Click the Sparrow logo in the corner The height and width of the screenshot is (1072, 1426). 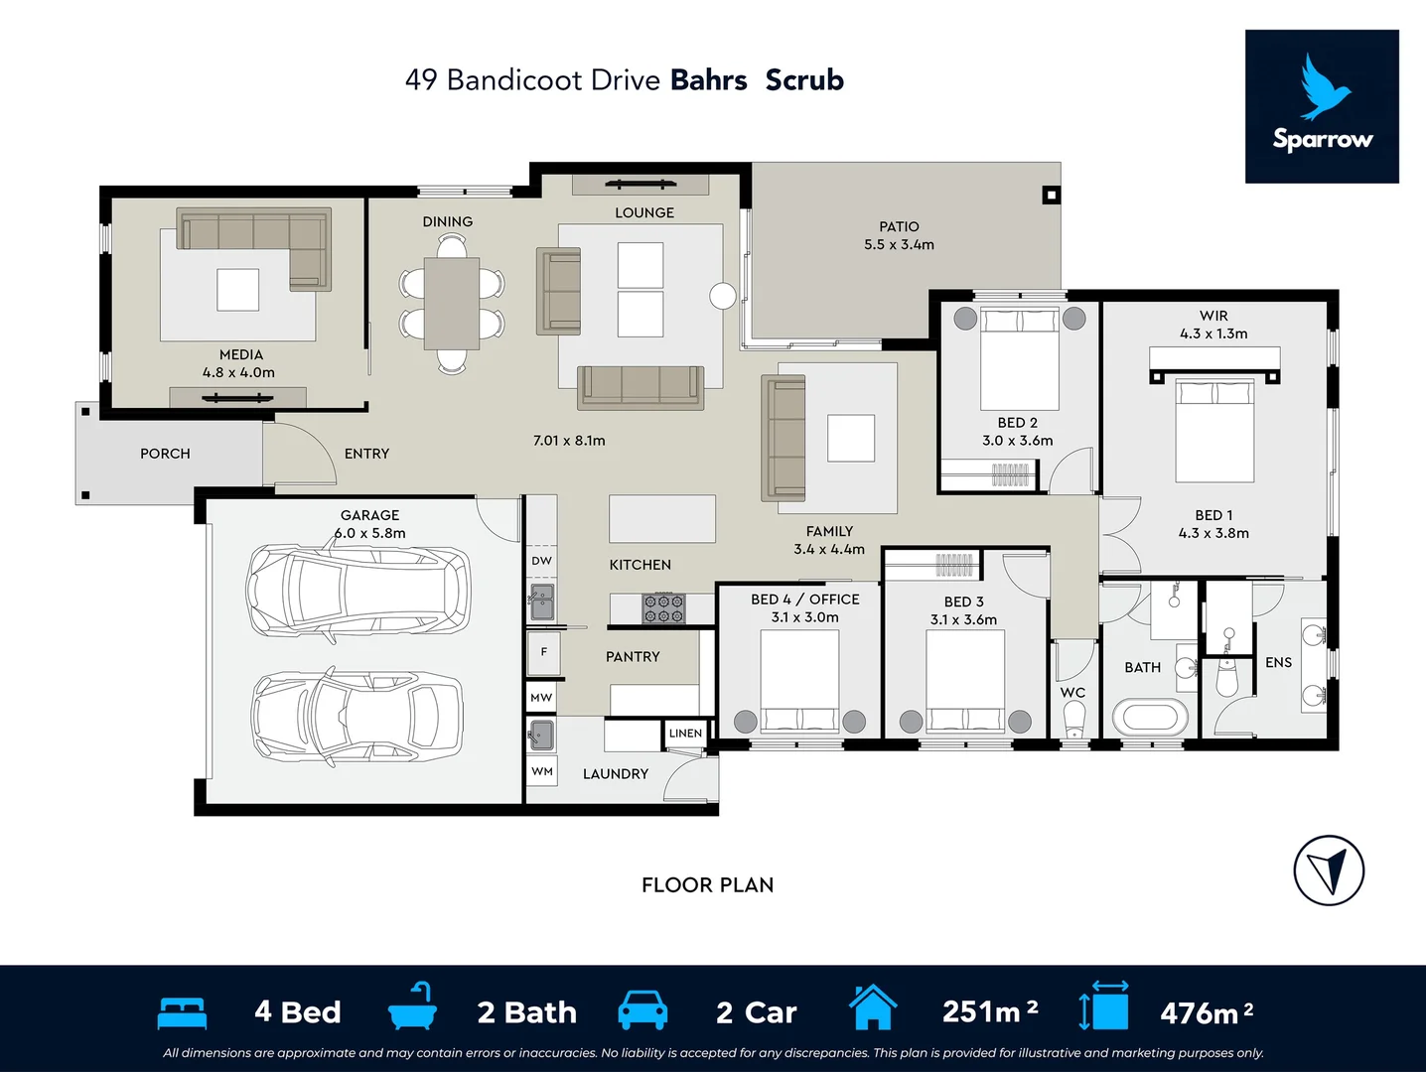tap(1322, 106)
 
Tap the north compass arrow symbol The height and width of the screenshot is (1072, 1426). tap(1329, 871)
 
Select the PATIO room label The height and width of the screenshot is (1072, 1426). tap(899, 226)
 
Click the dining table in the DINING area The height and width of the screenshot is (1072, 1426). tap(452, 303)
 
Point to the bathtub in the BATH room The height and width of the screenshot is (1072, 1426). tap(1150, 717)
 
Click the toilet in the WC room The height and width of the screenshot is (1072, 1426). tap(1073, 719)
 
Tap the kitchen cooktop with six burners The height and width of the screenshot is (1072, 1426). tap(663, 608)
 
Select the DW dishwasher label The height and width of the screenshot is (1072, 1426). tap(541, 561)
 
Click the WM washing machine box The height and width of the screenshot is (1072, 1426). tap(542, 771)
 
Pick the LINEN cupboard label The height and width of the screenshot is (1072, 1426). tap(685, 734)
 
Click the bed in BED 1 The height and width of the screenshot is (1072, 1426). tap(1214, 429)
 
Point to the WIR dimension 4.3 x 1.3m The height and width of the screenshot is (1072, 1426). tap(1213, 334)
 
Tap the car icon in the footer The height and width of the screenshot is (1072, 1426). tap(642, 1010)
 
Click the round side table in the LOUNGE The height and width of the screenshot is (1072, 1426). tap(723, 295)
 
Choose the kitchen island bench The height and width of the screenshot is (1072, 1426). tap(661, 518)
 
